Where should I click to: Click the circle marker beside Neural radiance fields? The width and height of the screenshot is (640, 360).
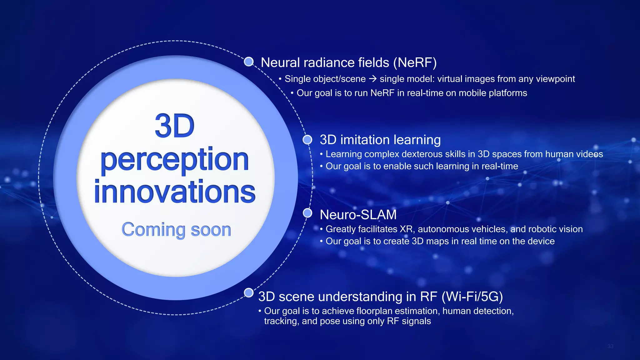point(249,62)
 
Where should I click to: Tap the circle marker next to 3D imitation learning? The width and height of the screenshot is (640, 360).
point(307,139)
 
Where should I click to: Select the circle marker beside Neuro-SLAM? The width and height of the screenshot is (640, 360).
point(307,213)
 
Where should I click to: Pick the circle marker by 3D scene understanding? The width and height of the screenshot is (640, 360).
point(248,293)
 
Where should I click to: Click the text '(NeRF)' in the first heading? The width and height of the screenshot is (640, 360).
point(415,62)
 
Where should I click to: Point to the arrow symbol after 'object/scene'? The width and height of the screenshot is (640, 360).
point(372,79)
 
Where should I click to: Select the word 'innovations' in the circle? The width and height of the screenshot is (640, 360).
point(175,191)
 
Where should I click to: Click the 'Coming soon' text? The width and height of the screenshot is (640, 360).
point(176,230)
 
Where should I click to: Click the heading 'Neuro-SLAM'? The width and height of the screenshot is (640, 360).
point(358,215)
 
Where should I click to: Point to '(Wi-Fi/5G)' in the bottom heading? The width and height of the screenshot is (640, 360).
point(472,297)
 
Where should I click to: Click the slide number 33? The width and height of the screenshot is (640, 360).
point(610,346)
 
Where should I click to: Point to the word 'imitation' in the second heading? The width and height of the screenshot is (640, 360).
point(365,140)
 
